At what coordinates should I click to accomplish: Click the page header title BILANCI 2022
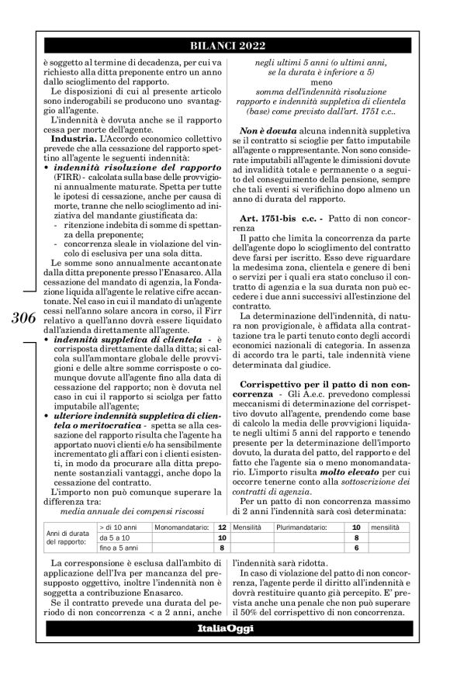pos(224,45)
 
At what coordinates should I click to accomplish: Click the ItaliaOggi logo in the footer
pos(224,648)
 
